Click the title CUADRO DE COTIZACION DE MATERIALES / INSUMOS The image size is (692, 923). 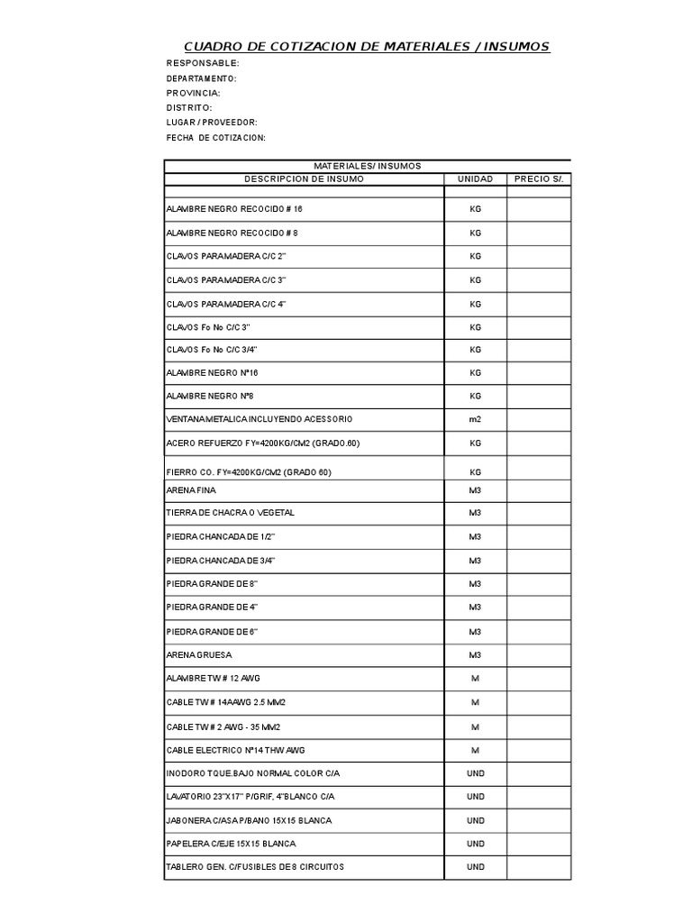point(366,46)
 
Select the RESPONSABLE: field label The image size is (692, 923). point(203,63)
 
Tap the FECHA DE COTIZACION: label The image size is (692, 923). point(216,137)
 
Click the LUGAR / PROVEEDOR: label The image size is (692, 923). point(212,122)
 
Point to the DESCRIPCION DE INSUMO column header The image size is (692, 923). point(304,179)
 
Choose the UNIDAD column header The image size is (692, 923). point(476,179)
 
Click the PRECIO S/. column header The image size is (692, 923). point(538,179)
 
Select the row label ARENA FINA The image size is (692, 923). point(192,490)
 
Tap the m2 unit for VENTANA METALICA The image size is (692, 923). point(476,420)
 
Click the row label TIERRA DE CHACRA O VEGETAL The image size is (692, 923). point(231,513)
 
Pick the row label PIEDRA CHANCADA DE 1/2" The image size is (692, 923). point(220,537)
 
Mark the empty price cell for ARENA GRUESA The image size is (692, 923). point(538,654)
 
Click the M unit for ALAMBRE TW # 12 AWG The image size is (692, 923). point(476,678)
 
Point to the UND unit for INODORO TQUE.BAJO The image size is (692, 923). point(476,773)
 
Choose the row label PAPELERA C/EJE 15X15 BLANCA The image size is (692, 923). point(231,844)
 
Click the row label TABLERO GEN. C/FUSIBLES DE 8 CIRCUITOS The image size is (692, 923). point(255,867)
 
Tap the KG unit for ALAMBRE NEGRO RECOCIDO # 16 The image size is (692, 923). point(476,209)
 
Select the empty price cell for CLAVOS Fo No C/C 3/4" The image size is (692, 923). point(538,350)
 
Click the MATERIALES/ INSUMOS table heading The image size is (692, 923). point(367,166)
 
